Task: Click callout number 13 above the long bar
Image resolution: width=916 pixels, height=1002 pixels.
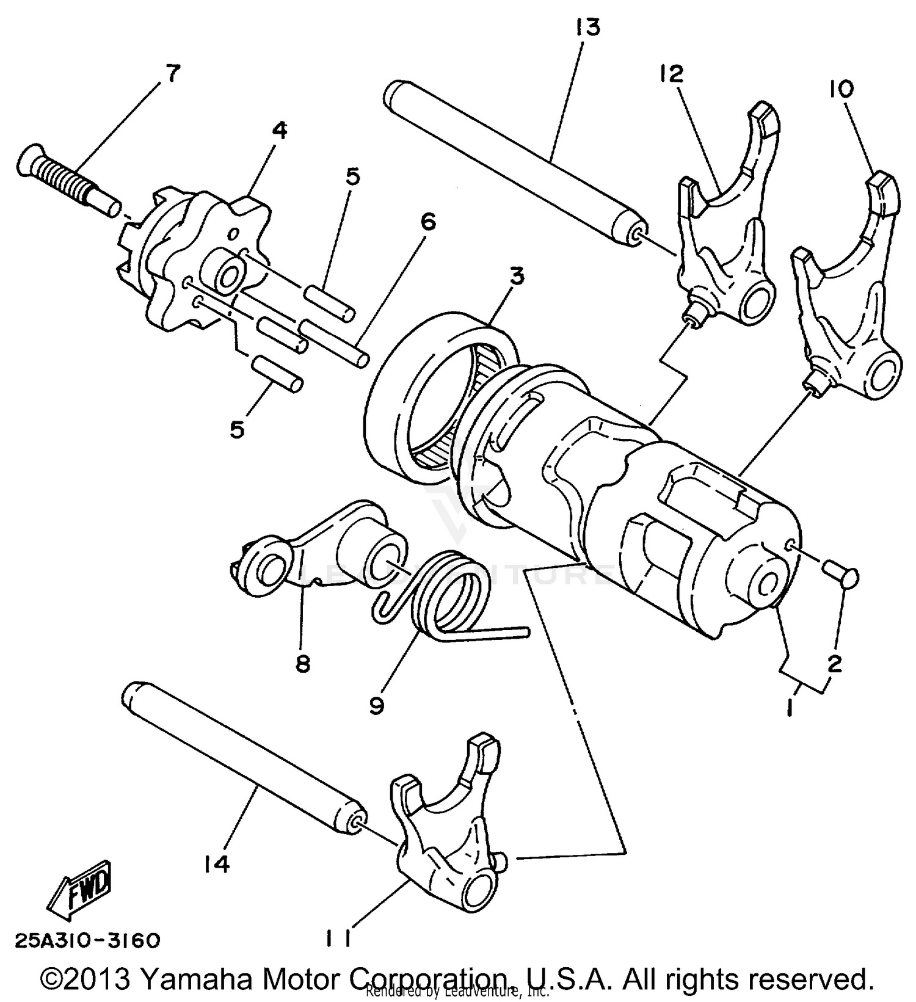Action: click(587, 27)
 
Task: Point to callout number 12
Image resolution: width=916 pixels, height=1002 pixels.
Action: click(671, 74)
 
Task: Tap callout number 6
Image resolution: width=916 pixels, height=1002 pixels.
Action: click(428, 222)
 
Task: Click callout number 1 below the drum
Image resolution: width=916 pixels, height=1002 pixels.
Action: click(790, 708)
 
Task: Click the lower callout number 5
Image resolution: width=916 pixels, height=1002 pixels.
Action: click(237, 429)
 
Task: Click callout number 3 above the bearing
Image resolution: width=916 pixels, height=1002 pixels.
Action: click(517, 276)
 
